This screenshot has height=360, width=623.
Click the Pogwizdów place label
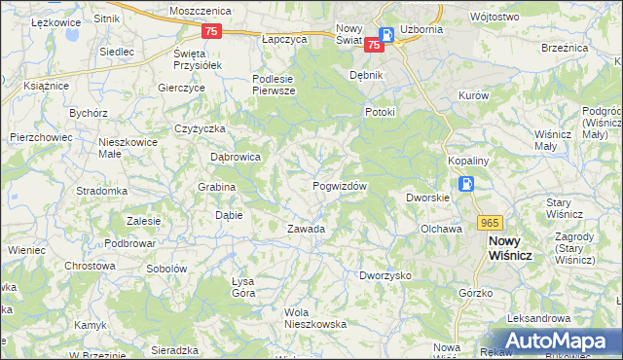339,186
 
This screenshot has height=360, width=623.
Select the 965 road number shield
489,223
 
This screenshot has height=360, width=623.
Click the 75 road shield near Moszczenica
213,31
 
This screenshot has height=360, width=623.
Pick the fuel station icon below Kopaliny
466,184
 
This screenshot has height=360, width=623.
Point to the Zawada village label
305,230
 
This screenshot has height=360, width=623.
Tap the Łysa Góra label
242,287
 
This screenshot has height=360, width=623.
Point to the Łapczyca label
285,39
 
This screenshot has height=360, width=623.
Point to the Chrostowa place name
90,266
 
